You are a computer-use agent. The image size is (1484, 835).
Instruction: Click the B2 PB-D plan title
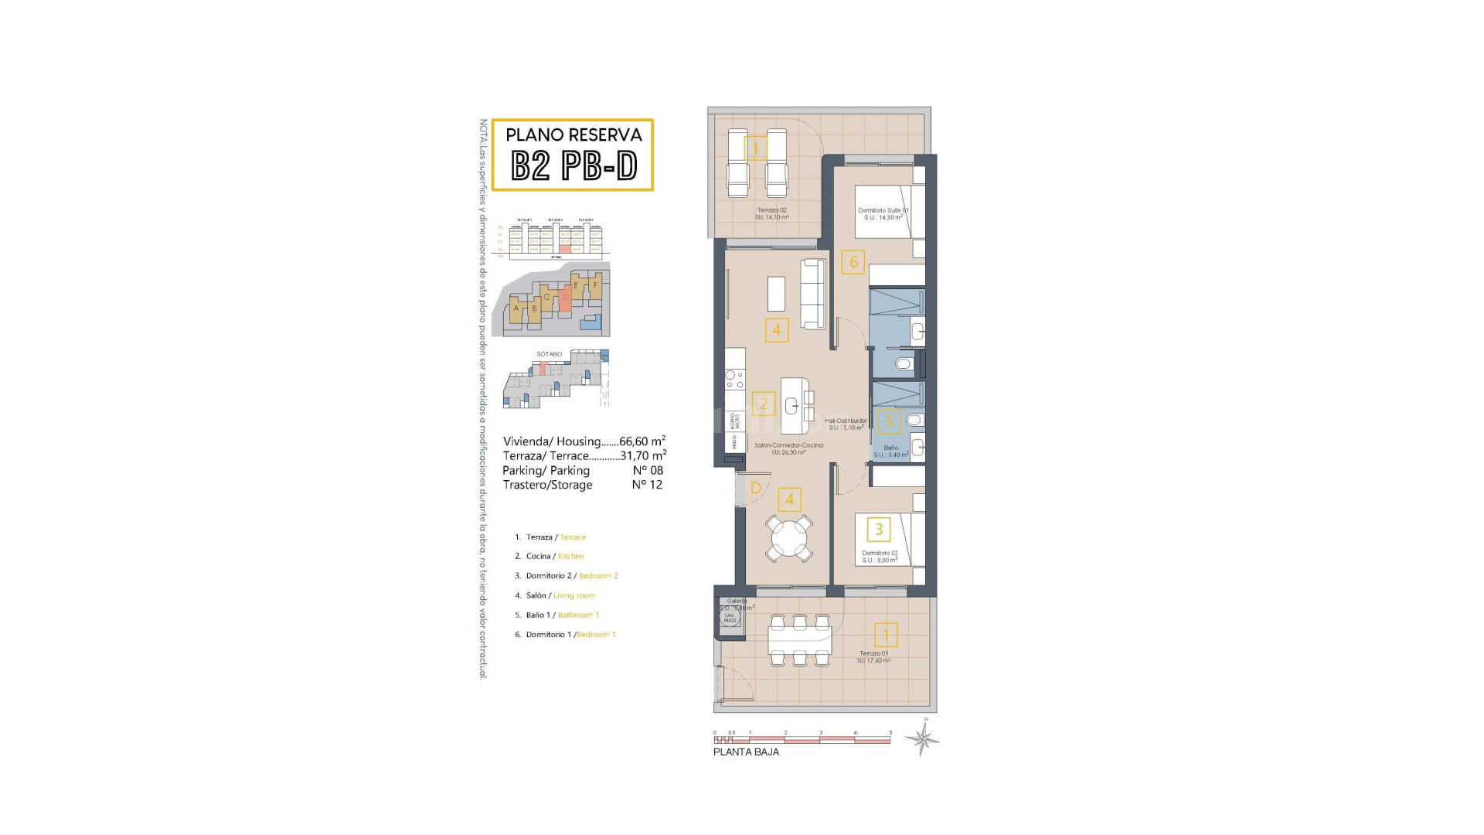[x=573, y=165]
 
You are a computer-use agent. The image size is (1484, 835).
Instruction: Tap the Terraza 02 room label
[x=771, y=213]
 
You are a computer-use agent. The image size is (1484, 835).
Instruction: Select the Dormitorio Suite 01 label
[x=883, y=213]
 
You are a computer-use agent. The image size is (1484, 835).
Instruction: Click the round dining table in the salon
[x=788, y=539]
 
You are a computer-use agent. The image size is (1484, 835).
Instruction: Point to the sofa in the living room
[x=813, y=293]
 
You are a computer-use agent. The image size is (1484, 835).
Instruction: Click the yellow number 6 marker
[x=853, y=262]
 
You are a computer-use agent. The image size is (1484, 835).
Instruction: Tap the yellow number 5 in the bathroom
[x=889, y=421]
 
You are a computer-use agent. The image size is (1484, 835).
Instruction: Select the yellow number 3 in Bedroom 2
[x=879, y=530]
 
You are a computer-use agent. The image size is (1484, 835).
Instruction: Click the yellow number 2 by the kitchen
[x=764, y=404]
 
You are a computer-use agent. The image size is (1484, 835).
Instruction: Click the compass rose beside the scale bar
[x=923, y=739]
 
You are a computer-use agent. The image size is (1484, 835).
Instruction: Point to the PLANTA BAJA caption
[x=746, y=752]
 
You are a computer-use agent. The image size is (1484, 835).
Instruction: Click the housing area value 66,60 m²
[x=648, y=441]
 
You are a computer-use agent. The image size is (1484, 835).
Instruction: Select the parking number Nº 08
[x=647, y=470]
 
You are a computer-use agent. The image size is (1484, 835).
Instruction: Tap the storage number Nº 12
[x=647, y=485]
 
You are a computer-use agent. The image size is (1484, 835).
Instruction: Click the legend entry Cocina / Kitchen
[x=555, y=556]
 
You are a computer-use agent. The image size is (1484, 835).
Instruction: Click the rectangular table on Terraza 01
[x=799, y=640]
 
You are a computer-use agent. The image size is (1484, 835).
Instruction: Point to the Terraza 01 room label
[x=873, y=656]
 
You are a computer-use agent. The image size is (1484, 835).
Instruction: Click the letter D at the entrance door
[x=756, y=488]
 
